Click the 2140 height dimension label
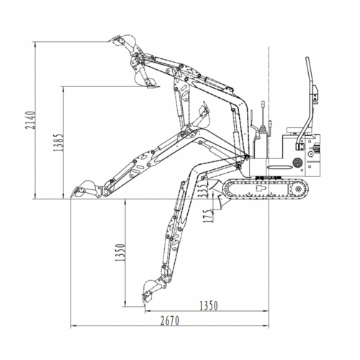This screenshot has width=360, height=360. click(x=30, y=120)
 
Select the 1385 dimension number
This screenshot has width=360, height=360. click(x=58, y=143)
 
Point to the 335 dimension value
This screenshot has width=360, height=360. click(x=203, y=190)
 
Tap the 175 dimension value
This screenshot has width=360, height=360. click(x=208, y=216)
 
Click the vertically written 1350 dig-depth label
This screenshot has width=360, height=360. click(x=120, y=253)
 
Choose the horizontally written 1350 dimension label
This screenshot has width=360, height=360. click(x=209, y=306)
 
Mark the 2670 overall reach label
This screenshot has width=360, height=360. click(x=170, y=320)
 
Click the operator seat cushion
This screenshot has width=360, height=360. click(x=300, y=130)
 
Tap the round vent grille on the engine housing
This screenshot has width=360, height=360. click(x=297, y=163)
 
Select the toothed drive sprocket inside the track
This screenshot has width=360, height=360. click(x=297, y=189)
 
